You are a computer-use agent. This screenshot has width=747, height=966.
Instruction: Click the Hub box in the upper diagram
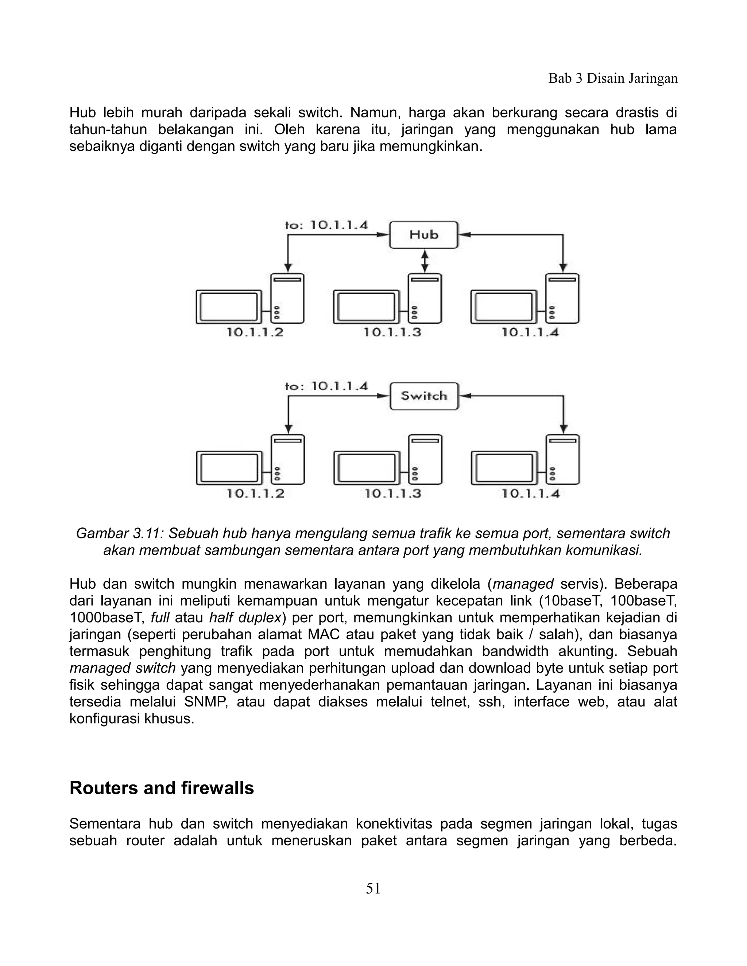coord(423,235)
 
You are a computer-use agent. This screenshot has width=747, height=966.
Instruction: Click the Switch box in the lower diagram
coord(424,396)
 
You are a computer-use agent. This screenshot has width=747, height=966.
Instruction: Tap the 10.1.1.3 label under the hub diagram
coord(392,332)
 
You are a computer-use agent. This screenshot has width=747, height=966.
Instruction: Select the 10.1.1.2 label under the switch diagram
coord(255,493)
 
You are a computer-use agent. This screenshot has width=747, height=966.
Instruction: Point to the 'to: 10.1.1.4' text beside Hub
coord(326,225)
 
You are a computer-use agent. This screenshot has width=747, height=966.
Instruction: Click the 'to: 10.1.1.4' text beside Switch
coord(326,386)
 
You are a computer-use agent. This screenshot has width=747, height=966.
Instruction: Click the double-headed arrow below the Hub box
coord(425,261)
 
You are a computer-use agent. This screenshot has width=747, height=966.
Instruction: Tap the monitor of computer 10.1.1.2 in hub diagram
coord(229,306)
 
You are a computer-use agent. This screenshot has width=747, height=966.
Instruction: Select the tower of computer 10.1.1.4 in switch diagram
coord(563,460)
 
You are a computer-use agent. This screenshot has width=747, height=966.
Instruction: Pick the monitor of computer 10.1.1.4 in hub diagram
coord(504,306)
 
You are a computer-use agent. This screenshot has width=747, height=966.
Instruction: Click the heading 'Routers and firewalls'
coord(162,788)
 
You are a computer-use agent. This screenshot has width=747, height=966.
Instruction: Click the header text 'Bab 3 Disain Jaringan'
coord(613,79)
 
